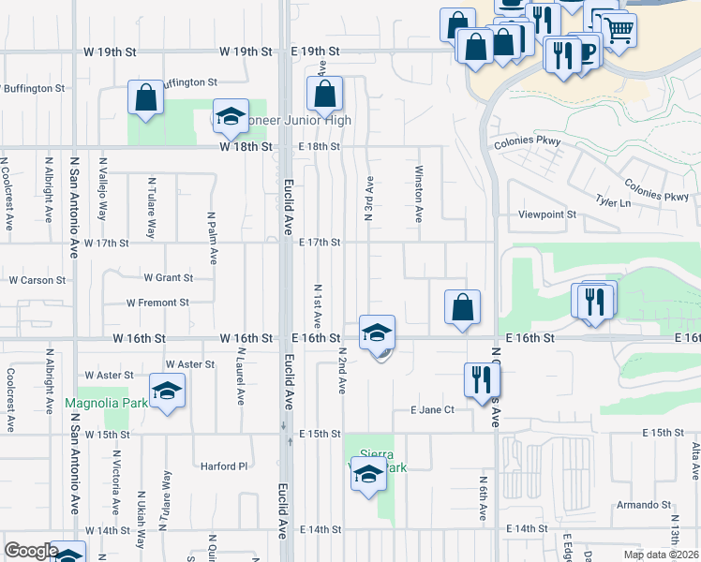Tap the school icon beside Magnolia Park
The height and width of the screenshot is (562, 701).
click(x=167, y=391)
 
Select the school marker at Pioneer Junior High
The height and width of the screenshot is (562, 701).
click(x=231, y=116)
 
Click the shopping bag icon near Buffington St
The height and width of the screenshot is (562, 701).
click(x=146, y=97)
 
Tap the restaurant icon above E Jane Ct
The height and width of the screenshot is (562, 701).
click(x=482, y=379)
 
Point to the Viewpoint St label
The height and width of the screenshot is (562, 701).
click(x=547, y=214)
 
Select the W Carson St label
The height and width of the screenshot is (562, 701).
click(x=37, y=280)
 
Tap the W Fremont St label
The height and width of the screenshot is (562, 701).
click(x=157, y=303)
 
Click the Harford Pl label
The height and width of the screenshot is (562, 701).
click(x=224, y=466)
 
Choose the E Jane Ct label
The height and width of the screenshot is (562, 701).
click(x=432, y=410)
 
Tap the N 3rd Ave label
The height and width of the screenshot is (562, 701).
click(x=369, y=199)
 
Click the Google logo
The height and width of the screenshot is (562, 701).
click(x=31, y=551)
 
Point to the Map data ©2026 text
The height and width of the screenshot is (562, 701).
click(x=661, y=555)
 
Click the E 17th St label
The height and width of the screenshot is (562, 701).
click(x=319, y=243)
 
